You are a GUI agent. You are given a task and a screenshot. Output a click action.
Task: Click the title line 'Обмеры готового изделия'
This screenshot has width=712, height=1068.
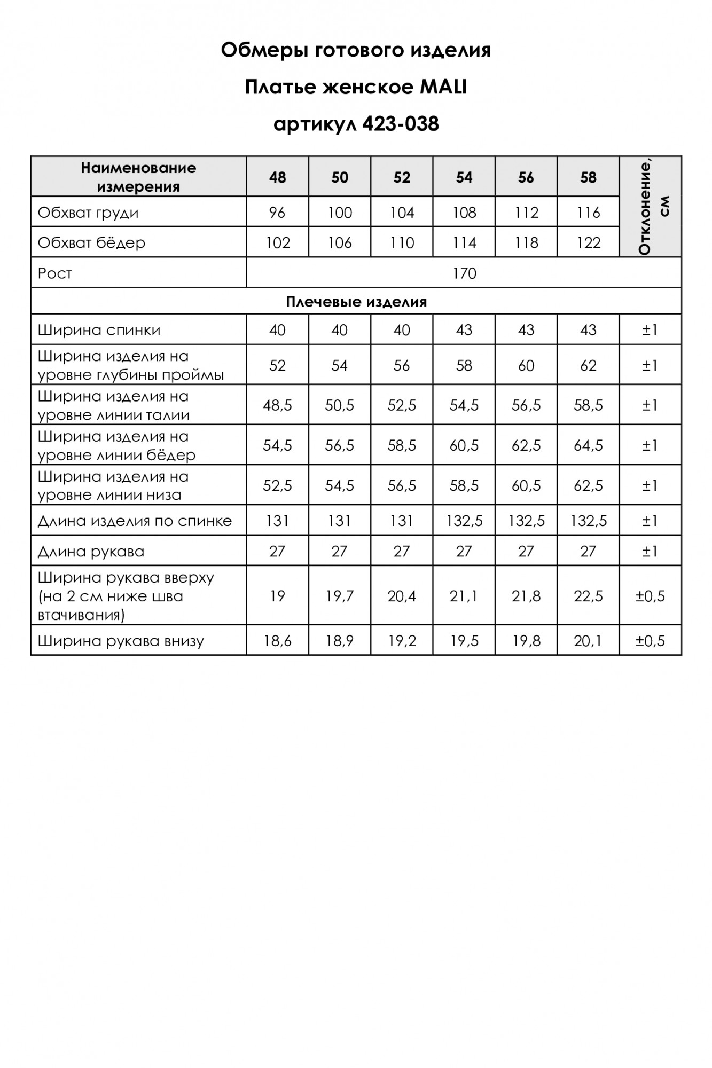coord(356,50)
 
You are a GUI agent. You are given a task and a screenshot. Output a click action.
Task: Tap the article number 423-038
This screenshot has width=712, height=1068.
coord(400,124)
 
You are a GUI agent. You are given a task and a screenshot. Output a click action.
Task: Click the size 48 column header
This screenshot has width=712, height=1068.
coord(277,177)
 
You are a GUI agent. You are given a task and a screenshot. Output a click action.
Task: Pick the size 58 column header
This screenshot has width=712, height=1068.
coord(588,177)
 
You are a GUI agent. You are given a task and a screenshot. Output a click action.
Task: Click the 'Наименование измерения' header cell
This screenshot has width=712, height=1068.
coord(138,177)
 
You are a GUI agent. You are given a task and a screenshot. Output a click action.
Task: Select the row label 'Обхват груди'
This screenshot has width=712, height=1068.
coord(88,213)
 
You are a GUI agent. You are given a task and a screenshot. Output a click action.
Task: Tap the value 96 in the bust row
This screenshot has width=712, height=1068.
coord(277,213)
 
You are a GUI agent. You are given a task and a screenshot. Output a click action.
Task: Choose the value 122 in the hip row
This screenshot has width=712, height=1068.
coord(588,243)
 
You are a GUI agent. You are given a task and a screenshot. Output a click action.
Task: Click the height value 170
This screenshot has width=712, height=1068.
coord(464,273)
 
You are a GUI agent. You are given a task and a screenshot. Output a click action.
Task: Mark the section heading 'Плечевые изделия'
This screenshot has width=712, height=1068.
coord(356,302)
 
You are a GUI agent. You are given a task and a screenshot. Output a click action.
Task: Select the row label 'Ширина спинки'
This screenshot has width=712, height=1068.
coord(99,330)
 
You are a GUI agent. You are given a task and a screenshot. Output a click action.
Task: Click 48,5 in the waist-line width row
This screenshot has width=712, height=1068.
coord(277,405)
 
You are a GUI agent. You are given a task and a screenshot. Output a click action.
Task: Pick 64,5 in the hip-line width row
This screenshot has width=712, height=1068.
coord(588,445)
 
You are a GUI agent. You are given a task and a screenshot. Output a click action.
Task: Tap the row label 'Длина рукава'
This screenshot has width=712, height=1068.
coord(91,552)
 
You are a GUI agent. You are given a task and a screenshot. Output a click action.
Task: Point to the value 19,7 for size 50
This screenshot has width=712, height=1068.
coord(339,596)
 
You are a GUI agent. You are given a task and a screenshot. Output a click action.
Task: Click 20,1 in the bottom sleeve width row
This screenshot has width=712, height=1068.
coord(588,641)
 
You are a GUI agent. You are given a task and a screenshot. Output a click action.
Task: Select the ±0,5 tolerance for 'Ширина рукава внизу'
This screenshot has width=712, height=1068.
coord(650,641)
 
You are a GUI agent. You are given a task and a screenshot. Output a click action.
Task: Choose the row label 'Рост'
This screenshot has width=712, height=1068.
coord(54,273)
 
